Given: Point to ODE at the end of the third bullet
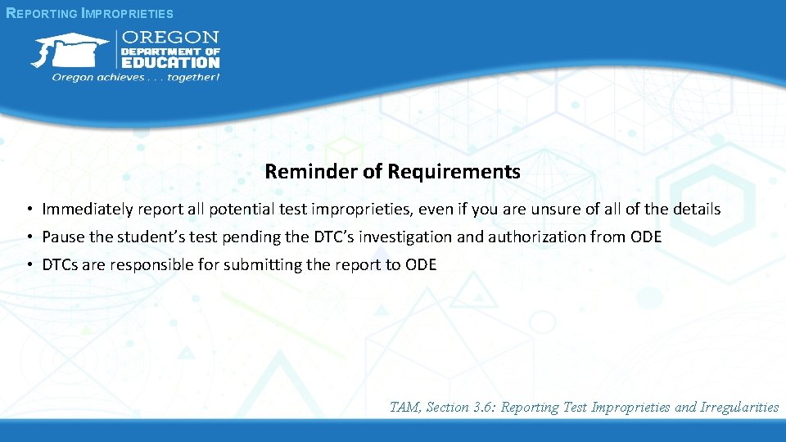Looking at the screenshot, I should tap(421, 265).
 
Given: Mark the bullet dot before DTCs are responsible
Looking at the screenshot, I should tap(28, 265).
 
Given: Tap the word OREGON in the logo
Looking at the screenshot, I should tap(170, 37).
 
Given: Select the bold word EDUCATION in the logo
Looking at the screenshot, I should tap(170, 62).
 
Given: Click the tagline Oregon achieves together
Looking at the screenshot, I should tap(136, 77).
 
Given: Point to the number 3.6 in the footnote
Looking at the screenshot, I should tap(484, 407).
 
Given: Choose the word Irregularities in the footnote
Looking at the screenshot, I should tap(739, 407).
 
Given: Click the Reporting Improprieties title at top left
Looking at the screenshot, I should tap(89, 13).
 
